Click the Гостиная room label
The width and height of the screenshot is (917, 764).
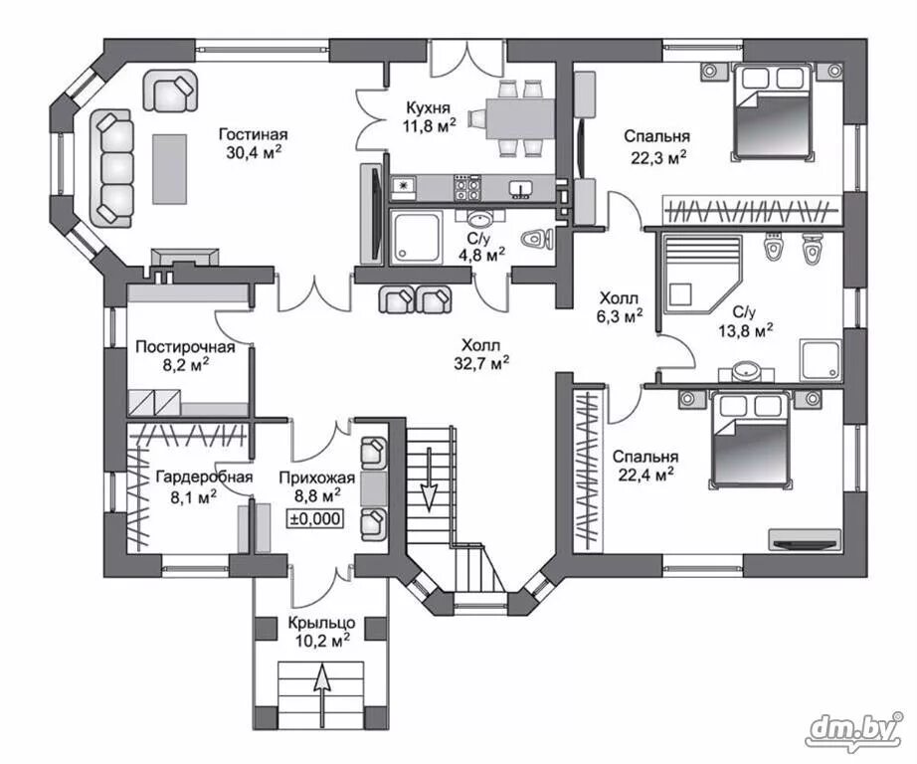(x=254, y=135)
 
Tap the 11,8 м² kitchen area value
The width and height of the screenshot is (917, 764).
(x=429, y=125)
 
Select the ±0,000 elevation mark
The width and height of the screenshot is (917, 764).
(x=315, y=519)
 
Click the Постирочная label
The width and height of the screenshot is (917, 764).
(x=185, y=347)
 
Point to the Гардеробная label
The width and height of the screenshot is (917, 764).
(x=205, y=477)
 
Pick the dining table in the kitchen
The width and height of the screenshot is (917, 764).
(x=519, y=119)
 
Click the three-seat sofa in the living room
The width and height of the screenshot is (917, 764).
(x=111, y=168)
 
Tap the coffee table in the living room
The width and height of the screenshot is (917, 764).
(x=170, y=169)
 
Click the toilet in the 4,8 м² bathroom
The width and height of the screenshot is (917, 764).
(x=537, y=240)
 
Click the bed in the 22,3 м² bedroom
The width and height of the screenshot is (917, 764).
(x=771, y=112)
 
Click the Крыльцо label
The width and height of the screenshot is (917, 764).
(x=321, y=623)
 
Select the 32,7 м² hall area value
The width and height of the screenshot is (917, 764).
(x=481, y=364)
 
